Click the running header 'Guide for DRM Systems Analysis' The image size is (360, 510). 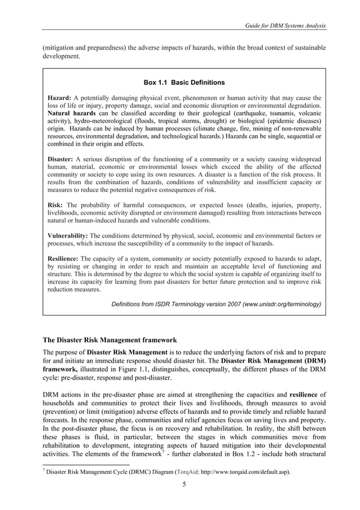click(x=283, y=27)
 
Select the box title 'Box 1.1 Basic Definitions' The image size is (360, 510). click(x=184, y=82)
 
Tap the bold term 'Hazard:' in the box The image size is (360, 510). click(x=60, y=97)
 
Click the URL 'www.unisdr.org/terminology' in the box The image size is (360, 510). click(x=282, y=304)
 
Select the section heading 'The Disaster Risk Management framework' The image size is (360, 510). click(x=110, y=340)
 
